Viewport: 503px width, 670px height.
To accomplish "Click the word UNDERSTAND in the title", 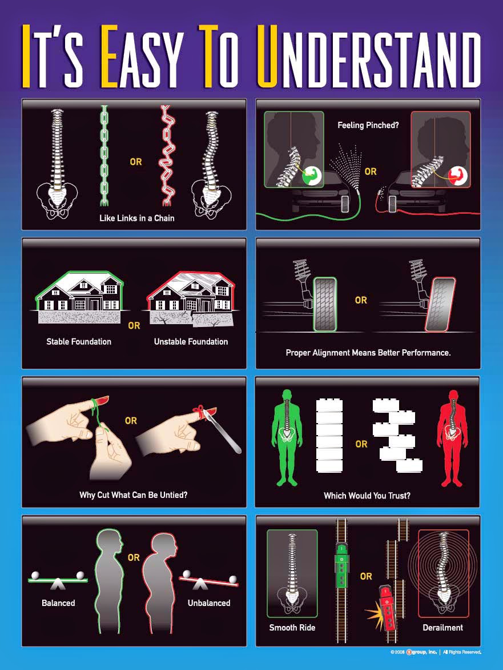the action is pos(369,56).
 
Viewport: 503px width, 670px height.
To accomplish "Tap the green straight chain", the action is pos(104,155).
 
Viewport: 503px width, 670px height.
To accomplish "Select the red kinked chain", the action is pos(167,155).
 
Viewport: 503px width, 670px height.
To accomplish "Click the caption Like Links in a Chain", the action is pos(137,218).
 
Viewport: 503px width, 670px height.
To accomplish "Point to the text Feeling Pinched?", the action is pos(368,125).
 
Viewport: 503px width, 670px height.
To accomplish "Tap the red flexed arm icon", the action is pos(458,176).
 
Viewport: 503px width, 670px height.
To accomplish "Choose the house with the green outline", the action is pos(80,290).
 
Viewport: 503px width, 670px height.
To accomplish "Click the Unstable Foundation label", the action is pos(191,341).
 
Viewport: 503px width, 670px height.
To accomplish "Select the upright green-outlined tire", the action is pos(325,304).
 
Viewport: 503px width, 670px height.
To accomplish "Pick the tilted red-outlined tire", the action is pos(440,304).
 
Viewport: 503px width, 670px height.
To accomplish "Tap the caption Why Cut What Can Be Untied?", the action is pos(134,495).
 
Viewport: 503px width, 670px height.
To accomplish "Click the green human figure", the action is pos(287,437).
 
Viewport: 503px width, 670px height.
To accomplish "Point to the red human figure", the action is pos(452,438).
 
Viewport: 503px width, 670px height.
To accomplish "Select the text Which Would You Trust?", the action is pos(367,495).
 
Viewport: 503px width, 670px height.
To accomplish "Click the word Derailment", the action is pos(442,627).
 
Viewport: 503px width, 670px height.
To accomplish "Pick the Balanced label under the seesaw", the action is pos(58,603).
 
